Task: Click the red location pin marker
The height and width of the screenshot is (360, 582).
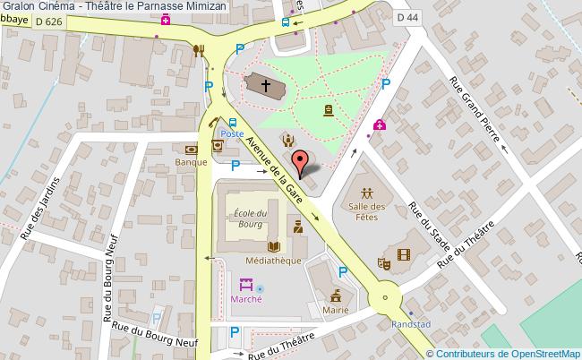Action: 305,160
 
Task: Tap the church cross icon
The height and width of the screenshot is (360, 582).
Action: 265,85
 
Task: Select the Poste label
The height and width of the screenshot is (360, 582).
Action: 233,133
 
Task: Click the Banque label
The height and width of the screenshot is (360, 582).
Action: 192,162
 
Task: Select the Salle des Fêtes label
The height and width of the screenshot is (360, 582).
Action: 366,212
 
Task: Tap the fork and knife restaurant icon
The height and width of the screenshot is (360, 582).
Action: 199,51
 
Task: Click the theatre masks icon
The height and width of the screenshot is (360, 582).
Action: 383,262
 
